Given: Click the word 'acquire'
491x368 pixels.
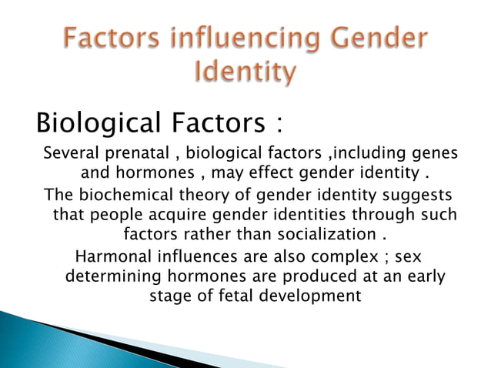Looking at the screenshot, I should (x=172, y=214).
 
